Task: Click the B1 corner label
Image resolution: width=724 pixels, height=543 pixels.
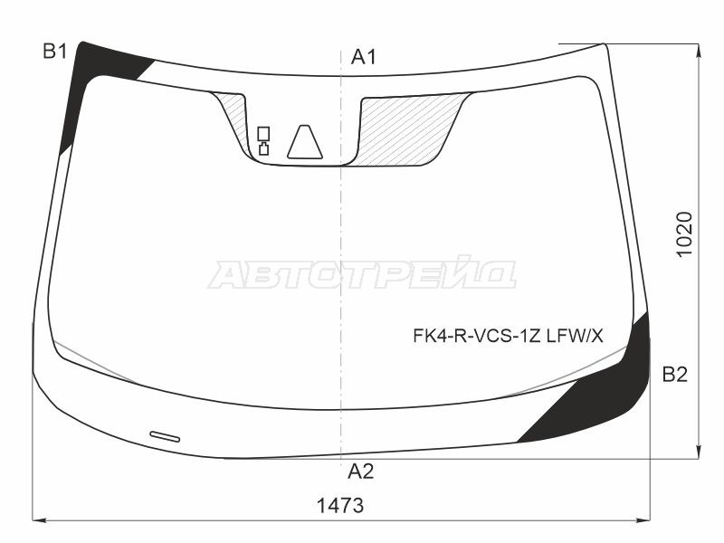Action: tap(55, 52)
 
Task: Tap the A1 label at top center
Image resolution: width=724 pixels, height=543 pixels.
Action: tap(364, 57)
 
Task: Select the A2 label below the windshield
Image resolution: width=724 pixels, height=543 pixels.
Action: tap(360, 472)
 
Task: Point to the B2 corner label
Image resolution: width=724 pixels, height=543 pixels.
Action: tap(675, 375)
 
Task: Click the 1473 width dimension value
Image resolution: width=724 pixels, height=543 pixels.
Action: tap(340, 506)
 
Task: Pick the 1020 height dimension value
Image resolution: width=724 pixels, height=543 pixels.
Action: tap(684, 234)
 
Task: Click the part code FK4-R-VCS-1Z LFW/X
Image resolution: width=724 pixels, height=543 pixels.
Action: tap(508, 336)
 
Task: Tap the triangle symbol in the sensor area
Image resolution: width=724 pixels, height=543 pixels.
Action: tap(305, 142)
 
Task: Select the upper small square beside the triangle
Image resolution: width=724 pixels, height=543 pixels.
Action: tap(263, 133)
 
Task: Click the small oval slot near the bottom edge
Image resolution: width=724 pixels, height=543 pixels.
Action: tap(165, 436)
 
